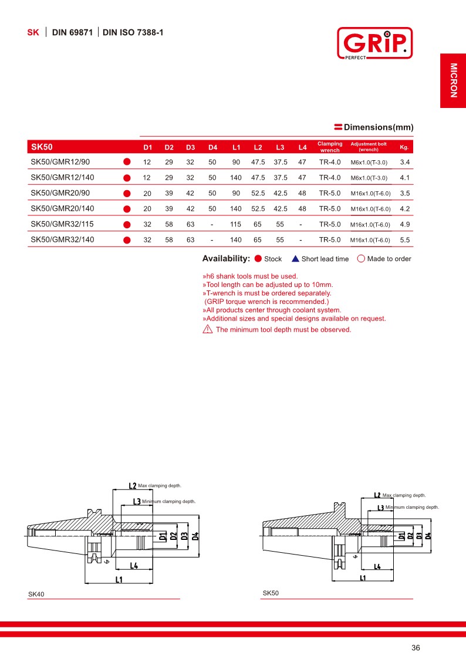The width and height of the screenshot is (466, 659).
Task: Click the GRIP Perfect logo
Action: point(374,43)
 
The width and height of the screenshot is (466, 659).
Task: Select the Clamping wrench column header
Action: point(330,147)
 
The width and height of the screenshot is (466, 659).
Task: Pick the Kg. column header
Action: point(404,147)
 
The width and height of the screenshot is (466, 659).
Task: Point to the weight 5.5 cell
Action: point(404,239)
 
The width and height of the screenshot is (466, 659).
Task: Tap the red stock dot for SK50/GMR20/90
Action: point(126,193)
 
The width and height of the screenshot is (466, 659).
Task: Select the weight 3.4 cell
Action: point(404,161)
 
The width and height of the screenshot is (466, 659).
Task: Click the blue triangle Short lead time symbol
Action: point(296,259)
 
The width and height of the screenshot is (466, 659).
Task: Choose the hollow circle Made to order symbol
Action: point(361,259)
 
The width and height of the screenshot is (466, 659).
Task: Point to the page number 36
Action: point(416,648)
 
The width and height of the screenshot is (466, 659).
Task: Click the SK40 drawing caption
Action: point(36,594)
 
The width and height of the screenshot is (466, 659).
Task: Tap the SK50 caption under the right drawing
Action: point(271,593)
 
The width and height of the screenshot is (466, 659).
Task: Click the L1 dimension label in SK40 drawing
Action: point(119,580)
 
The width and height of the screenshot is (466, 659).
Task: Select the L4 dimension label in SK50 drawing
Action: point(377,566)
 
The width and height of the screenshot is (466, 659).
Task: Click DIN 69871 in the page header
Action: point(72,33)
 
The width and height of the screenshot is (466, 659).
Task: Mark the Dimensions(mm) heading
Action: point(379,127)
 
